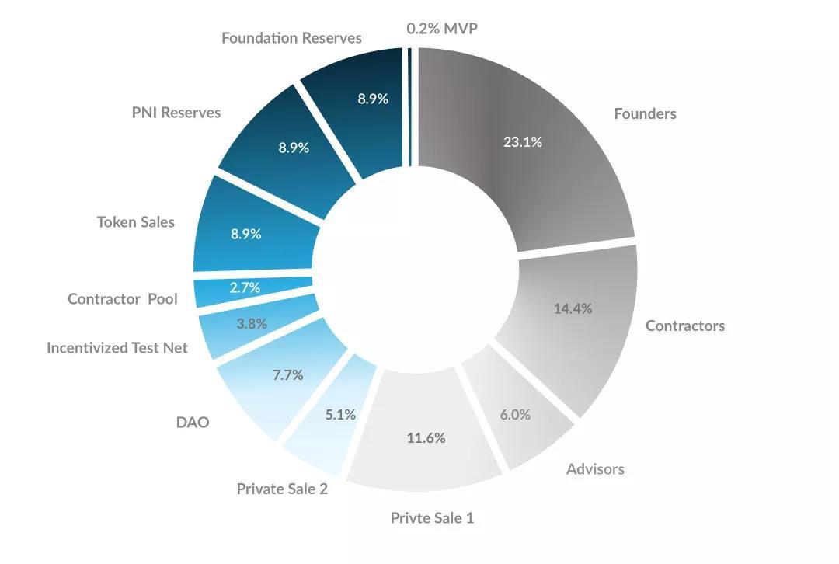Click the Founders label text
pos(645,114)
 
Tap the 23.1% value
pos(522,142)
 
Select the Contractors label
pos(684,326)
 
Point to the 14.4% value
pos(573,308)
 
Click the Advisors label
pos(595,468)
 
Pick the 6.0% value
pos(515,415)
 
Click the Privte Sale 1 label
pos(431,518)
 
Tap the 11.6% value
pos(426,438)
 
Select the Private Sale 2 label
pos(282,489)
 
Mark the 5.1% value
pos(340,415)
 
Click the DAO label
pos(193,423)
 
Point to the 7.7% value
pos(287,375)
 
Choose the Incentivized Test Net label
pos(117,348)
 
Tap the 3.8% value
pos(252,324)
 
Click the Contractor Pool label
pos(123,299)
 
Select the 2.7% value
pos(245,287)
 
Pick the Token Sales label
pos(136,222)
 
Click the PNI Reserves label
pos(176,113)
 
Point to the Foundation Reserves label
pos(291,38)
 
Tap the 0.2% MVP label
pos(442,29)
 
